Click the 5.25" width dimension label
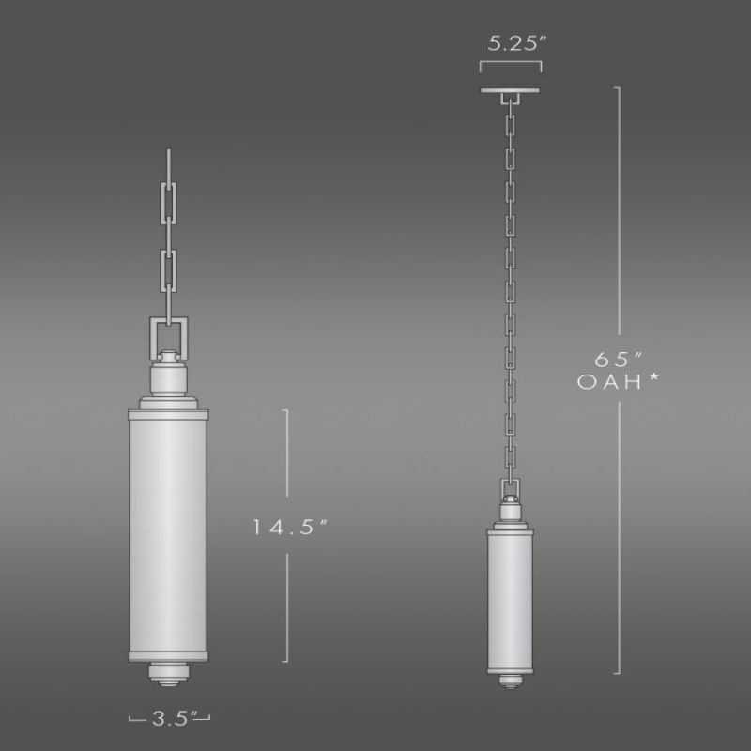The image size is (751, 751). click(x=510, y=44)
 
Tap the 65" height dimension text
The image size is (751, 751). click(x=615, y=359)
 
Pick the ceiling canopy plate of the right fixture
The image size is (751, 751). click(x=510, y=90)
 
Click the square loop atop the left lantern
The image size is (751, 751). click(x=169, y=333)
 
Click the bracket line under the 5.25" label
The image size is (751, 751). click(x=510, y=65)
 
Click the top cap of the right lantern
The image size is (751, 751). click(x=511, y=529)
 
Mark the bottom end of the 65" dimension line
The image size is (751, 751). click(x=617, y=673)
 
